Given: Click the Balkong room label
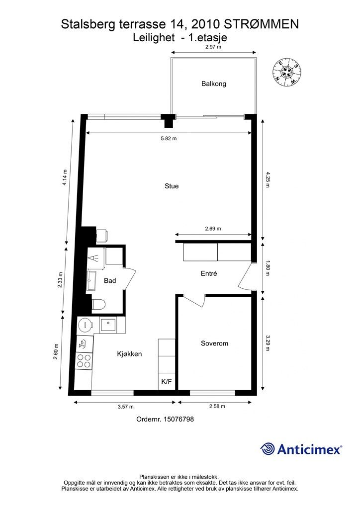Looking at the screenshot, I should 214,84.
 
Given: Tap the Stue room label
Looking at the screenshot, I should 172,186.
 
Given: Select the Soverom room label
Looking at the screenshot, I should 214,343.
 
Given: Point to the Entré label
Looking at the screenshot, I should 209,273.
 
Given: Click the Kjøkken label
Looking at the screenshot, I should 130,354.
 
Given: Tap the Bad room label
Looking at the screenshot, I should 110,281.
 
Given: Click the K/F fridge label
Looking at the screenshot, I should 166,382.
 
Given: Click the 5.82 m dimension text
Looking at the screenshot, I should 169,139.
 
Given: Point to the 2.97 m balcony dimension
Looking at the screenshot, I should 213,47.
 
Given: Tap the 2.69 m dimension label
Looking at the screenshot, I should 213,229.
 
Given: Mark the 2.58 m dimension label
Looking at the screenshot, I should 217,406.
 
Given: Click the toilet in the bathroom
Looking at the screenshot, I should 98,304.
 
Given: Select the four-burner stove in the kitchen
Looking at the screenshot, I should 84,360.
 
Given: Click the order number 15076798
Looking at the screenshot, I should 165,419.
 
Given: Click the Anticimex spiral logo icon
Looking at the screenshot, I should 268,448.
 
